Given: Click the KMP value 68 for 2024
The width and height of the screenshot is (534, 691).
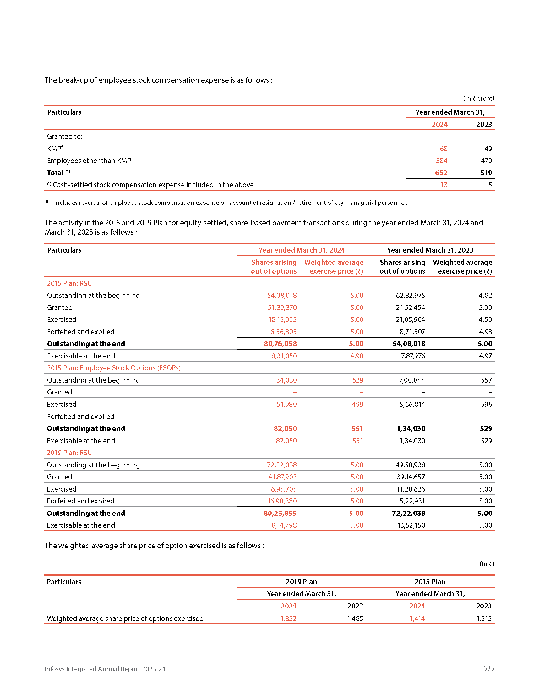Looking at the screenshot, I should (x=444, y=148).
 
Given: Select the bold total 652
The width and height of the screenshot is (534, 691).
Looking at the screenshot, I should (x=441, y=173).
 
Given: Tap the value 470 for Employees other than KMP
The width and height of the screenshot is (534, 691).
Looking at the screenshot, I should (x=486, y=161).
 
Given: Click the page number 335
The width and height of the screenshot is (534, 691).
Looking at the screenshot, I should (x=489, y=668).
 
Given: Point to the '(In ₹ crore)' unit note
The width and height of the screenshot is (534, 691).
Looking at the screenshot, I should (x=478, y=98).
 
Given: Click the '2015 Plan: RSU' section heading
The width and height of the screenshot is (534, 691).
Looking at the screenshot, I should (x=69, y=283).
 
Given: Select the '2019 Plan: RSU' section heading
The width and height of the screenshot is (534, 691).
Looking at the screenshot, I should (x=69, y=453).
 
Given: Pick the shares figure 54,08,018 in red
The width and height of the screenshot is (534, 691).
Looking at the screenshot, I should (x=282, y=295).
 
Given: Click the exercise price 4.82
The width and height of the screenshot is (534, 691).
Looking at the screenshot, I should (x=485, y=295).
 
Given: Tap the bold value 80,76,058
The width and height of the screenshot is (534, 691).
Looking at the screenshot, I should (x=280, y=344).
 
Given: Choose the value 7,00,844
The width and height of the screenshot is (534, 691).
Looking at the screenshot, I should (x=412, y=380).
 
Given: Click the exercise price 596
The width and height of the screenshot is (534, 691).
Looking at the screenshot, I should (x=486, y=404).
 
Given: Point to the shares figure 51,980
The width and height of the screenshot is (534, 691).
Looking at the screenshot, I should (x=286, y=404).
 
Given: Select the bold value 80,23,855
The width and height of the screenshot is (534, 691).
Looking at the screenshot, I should (x=280, y=513).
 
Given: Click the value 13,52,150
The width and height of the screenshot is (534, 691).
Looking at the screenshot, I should (x=411, y=525).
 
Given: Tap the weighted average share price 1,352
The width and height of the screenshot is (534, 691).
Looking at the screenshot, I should (x=288, y=618).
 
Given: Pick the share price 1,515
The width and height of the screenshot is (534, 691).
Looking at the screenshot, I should (x=484, y=618).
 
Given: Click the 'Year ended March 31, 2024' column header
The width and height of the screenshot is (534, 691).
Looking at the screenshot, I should (x=301, y=250).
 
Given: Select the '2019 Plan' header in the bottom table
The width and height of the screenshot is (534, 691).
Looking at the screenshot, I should (x=301, y=582).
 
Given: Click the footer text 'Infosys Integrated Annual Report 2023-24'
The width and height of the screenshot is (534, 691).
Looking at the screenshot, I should (x=105, y=669).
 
